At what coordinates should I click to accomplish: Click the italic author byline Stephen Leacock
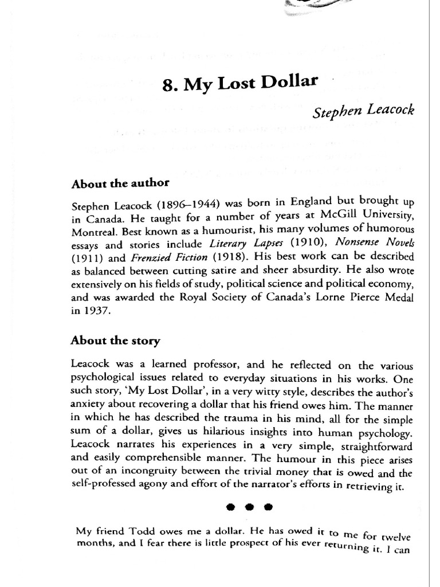click(x=362, y=109)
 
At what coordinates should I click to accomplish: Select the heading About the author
click(x=120, y=184)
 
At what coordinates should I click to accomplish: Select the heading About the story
click(x=115, y=341)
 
